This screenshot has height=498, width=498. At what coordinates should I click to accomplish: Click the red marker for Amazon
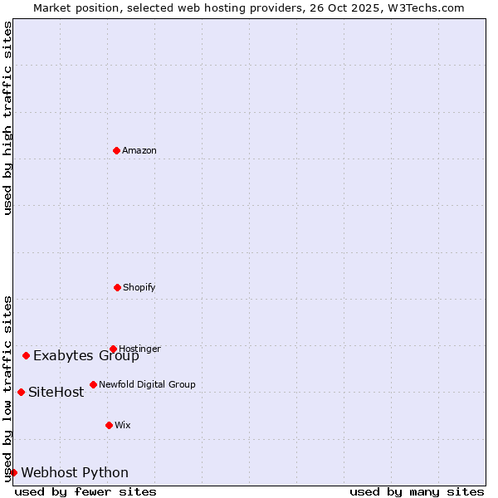tap(116, 150)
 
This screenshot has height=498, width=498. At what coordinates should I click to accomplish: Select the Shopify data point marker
tap(117, 287)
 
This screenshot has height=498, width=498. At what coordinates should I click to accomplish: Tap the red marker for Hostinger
tap(113, 349)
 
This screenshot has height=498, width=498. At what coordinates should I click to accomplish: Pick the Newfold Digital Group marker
tap(93, 384)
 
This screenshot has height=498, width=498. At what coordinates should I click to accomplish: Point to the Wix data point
tap(109, 425)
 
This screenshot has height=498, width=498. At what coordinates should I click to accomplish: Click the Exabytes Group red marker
tap(26, 355)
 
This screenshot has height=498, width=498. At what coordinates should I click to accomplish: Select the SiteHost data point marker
tap(21, 392)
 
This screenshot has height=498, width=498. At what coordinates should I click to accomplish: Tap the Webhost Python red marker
tap(13, 472)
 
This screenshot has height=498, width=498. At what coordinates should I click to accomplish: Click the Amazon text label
tap(139, 151)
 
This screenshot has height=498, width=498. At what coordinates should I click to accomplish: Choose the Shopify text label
tap(139, 288)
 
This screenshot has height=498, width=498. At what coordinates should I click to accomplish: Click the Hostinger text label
tap(139, 349)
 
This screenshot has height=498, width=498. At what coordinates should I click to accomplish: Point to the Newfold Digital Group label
tap(147, 385)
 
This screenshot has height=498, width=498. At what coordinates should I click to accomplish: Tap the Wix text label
tap(123, 426)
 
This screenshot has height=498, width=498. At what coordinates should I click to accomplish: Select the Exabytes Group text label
tap(86, 356)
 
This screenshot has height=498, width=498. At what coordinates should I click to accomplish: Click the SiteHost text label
tap(56, 393)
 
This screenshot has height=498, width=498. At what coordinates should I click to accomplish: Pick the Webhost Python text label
tap(75, 473)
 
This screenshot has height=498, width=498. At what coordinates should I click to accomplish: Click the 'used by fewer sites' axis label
tap(85, 491)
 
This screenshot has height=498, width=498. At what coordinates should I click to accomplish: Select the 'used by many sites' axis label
tap(417, 491)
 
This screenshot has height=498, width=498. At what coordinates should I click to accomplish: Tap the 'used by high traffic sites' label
tap(7, 118)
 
